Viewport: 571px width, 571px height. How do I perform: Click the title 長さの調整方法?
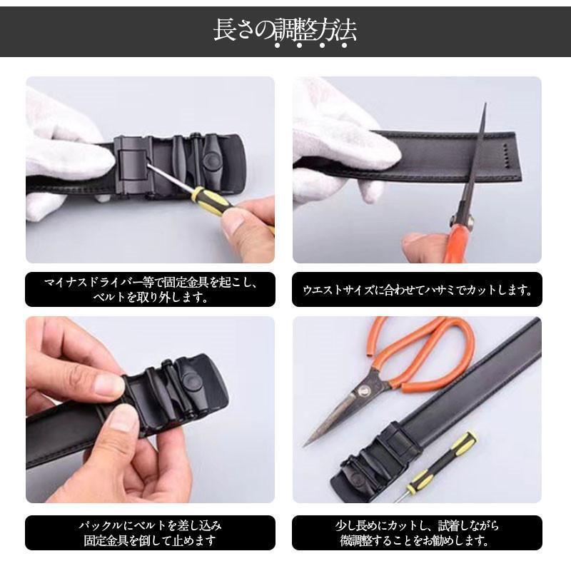(285, 30)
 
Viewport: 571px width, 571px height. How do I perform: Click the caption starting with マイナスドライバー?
(150, 290)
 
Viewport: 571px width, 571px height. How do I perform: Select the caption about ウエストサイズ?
(417, 290)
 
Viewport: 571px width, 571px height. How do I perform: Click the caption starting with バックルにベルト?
(150, 532)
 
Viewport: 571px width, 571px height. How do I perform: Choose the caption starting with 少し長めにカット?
(417, 532)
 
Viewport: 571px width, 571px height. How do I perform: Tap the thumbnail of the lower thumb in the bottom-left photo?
(122, 418)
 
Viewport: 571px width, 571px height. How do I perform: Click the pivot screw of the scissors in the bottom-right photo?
(362, 392)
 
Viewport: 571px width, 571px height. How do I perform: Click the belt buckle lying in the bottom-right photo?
(375, 460)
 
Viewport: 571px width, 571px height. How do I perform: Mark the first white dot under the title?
(277, 46)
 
